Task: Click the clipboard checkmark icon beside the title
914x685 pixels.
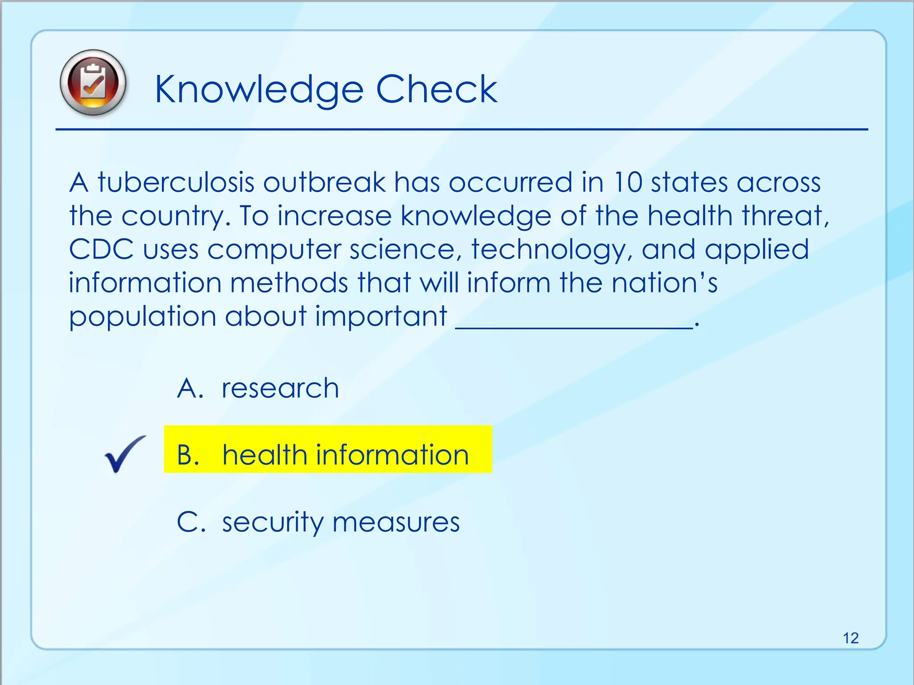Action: pyautogui.click(x=93, y=83)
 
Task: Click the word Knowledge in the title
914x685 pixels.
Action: pyautogui.click(x=259, y=90)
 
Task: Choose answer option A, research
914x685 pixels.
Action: pyautogui.click(x=280, y=388)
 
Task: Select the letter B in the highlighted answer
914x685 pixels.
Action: pyautogui.click(x=187, y=455)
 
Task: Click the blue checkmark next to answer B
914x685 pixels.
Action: pyautogui.click(x=125, y=454)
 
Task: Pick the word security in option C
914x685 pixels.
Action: pyautogui.click(x=272, y=522)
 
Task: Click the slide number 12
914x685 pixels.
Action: pyautogui.click(x=851, y=638)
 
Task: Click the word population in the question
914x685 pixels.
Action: pyautogui.click(x=142, y=317)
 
